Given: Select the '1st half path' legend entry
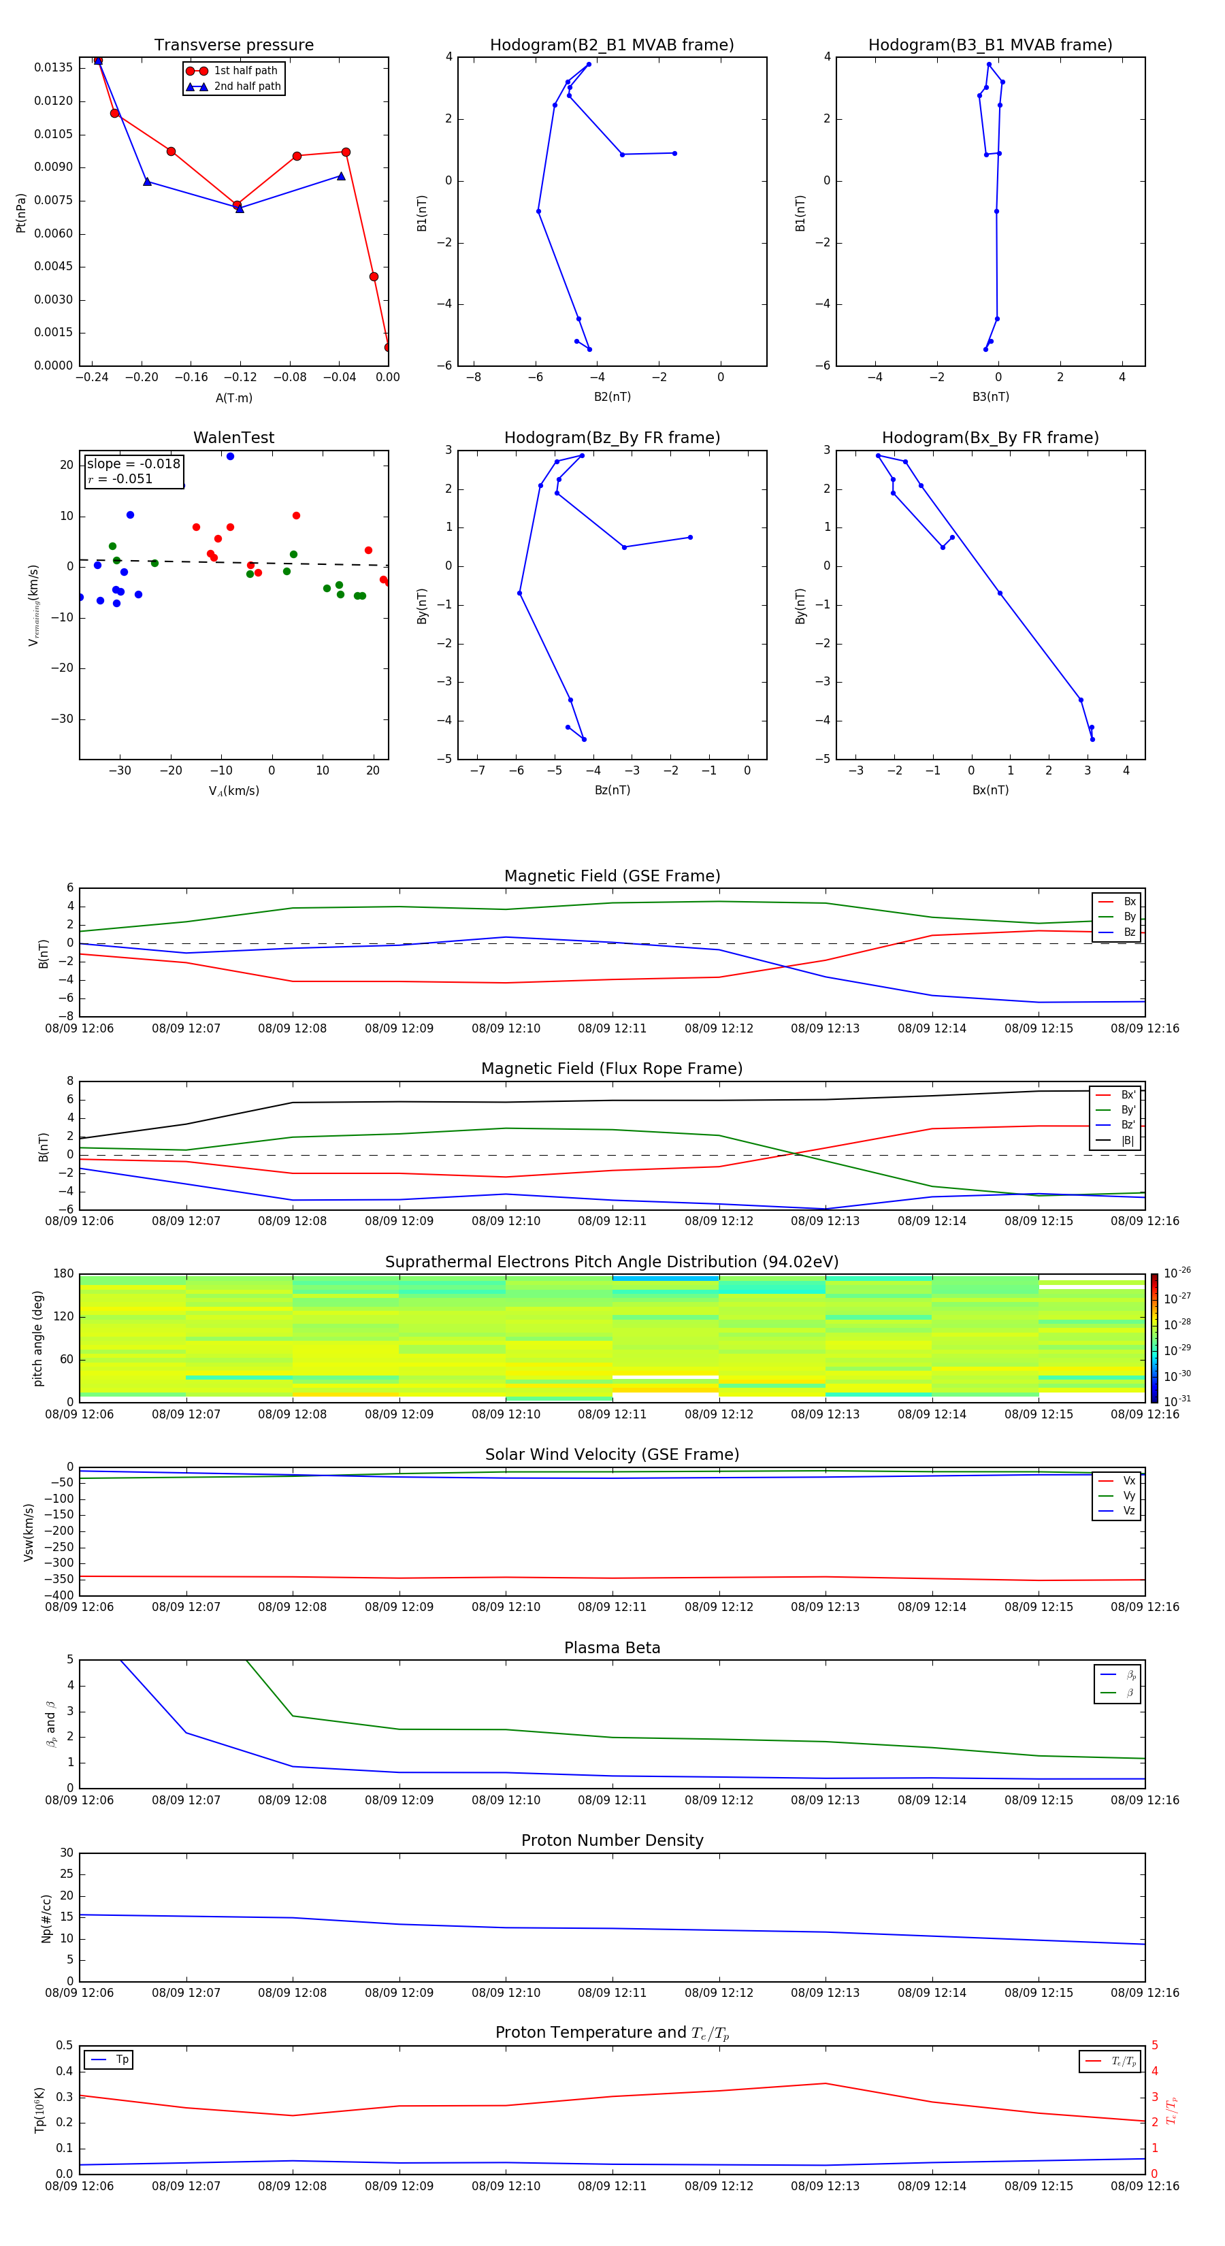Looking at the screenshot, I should point(245,71).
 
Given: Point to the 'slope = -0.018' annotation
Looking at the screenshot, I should point(133,464).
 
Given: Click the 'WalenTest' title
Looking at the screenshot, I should point(233,438).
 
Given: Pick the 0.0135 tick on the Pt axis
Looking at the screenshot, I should point(53,67).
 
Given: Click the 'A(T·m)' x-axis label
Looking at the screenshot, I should point(233,398).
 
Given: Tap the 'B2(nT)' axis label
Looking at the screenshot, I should point(612,397).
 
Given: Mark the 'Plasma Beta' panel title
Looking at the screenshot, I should point(612,1648).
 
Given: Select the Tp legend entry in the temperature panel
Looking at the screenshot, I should point(121,2060).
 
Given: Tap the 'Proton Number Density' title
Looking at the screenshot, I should point(612,1840).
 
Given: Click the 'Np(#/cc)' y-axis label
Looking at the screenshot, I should point(47,1918).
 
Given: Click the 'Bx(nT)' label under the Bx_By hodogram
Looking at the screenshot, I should point(990,790).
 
